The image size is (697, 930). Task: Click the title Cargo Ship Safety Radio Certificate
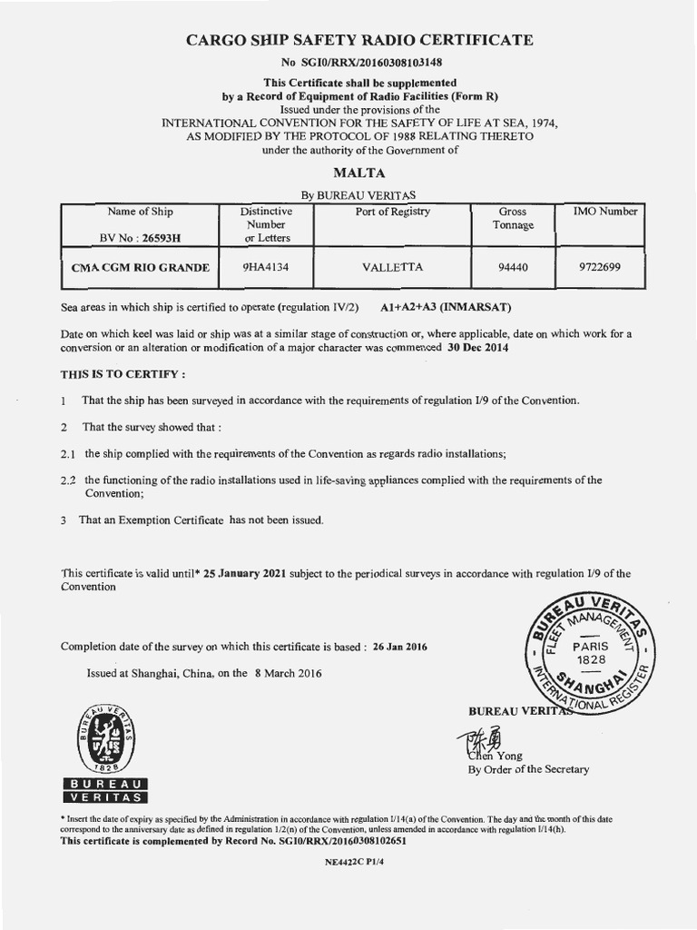point(359,40)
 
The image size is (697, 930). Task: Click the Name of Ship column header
point(140,212)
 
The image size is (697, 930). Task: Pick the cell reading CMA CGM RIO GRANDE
point(141,268)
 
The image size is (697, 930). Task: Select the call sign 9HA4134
point(265,267)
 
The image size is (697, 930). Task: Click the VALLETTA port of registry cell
point(392,267)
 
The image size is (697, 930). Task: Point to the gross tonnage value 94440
point(513,267)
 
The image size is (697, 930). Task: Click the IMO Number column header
point(605,212)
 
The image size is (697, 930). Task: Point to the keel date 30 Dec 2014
point(482,348)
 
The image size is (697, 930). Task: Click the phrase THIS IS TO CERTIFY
point(123,373)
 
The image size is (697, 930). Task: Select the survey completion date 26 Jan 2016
point(399,647)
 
